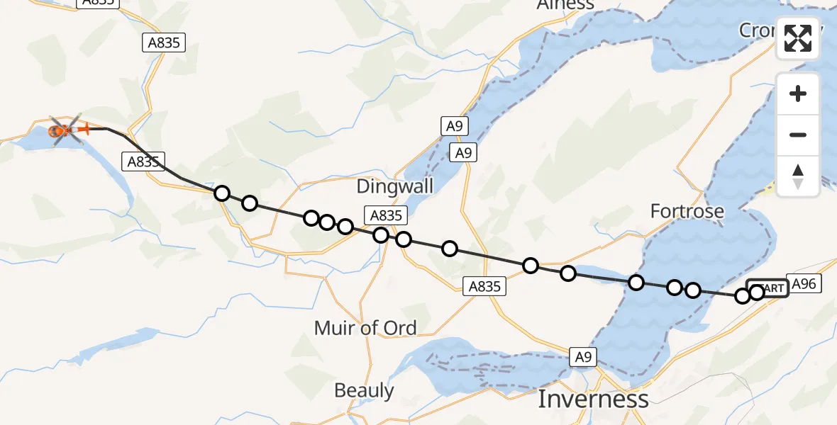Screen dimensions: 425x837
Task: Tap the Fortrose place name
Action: (687, 211)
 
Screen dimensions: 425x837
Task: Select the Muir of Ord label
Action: (365, 327)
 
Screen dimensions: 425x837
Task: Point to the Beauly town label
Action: (364, 390)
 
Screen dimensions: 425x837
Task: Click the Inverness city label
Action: (593, 399)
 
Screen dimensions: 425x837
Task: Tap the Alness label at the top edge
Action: (565, 5)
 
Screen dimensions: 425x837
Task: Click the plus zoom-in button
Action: (798, 93)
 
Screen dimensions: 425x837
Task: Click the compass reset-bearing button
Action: (798, 176)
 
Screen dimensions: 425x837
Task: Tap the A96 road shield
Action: (804, 284)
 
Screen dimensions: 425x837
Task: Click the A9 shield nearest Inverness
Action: (582, 358)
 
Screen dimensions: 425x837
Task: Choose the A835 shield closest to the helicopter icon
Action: (143, 161)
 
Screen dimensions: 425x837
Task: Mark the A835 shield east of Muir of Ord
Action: (485, 286)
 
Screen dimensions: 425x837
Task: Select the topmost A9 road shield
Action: (454, 126)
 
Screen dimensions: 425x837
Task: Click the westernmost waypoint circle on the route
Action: (222, 193)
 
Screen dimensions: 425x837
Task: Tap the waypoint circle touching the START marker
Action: (757, 293)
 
